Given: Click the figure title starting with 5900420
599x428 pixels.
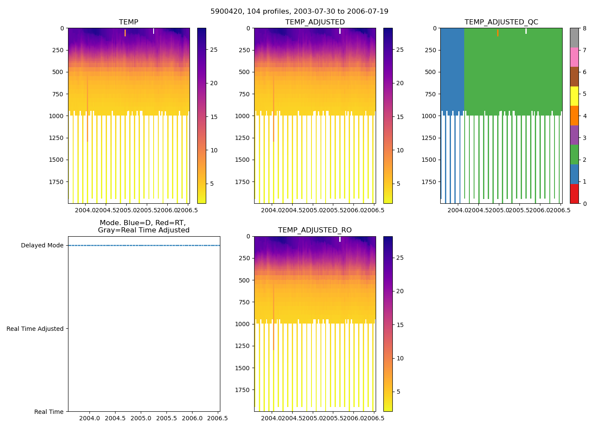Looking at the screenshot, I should tap(299, 12).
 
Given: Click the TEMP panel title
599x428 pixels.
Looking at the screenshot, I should tap(128, 22).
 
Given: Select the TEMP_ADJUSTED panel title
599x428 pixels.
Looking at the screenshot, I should tap(315, 22).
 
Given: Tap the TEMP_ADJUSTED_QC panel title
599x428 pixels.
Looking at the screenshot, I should tap(501, 22).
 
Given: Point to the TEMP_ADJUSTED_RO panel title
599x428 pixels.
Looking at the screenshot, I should tap(315, 230).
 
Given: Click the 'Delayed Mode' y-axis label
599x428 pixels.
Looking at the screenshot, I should tap(42, 246).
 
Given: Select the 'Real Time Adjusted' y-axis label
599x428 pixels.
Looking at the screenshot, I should tap(35, 329).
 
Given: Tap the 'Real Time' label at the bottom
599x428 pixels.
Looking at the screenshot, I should tap(49, 412).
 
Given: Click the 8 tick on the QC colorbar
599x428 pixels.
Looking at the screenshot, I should tap(584, 28).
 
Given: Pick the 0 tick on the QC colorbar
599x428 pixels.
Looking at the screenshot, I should tap(584, 204).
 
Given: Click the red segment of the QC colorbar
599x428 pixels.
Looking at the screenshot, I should tap(574, 194).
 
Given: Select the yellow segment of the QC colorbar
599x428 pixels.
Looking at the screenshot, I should tap(574, 96).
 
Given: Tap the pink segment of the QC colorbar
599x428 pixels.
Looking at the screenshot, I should tap(574, 57).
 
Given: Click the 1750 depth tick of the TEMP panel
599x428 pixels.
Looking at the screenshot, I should tap(56, 182).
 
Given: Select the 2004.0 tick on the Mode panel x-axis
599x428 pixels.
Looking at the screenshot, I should tap(89, 418).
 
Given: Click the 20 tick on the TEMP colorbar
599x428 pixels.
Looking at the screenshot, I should tap(214, 83).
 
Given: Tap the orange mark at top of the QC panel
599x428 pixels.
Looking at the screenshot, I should tap(498, 33).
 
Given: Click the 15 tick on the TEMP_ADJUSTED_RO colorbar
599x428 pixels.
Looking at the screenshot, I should tap(400, 325).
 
